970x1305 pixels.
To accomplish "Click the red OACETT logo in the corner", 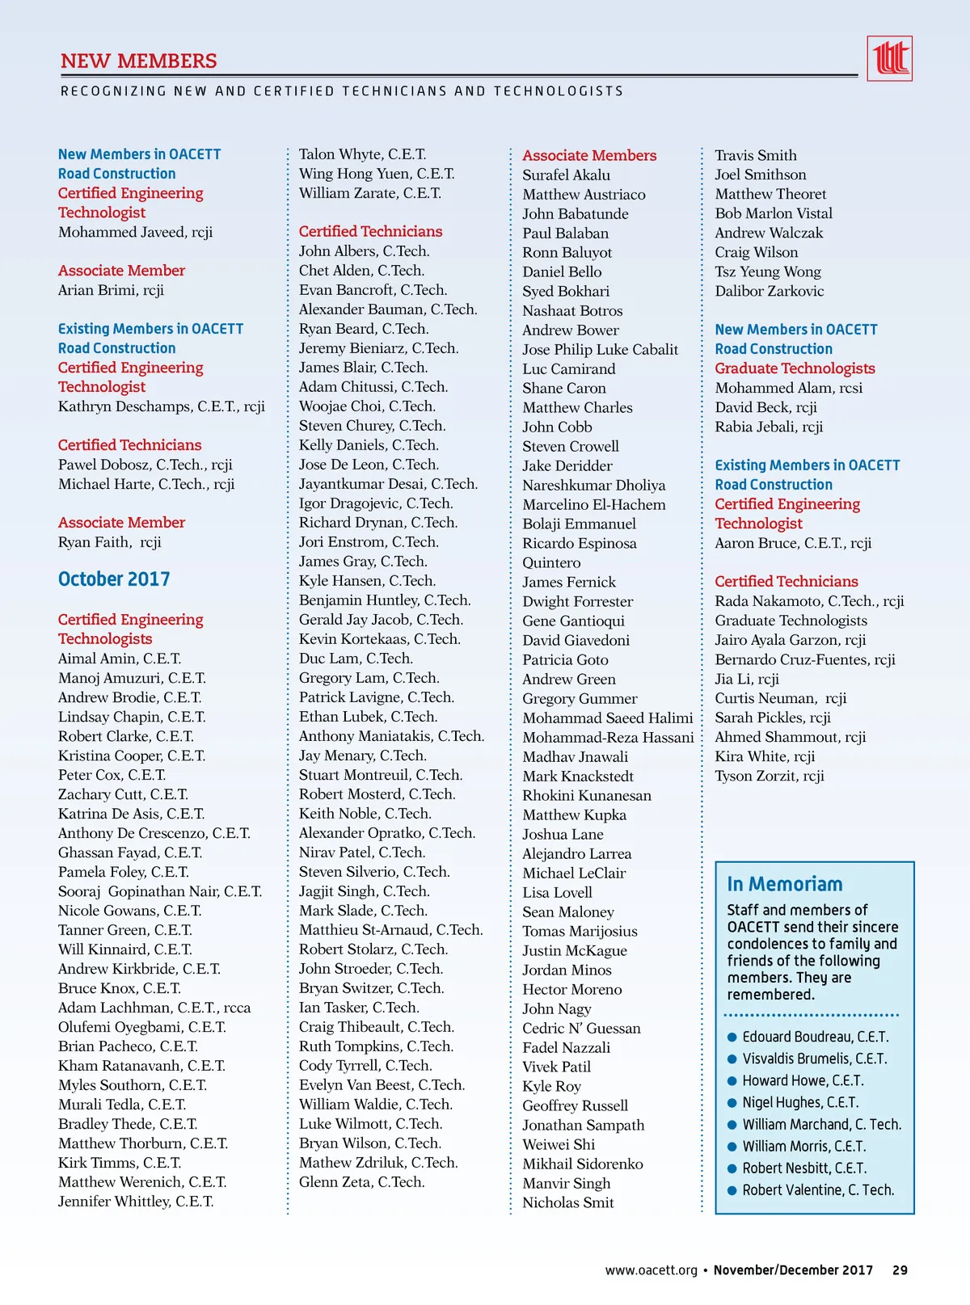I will pos(889,58).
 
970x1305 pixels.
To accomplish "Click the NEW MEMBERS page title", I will pos(139,61).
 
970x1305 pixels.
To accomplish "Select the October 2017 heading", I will pos(114,579).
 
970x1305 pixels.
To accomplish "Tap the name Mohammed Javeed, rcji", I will pos(135,233).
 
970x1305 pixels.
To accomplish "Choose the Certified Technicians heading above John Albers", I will pos(370,232).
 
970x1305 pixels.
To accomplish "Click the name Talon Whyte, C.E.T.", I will pos(362,154).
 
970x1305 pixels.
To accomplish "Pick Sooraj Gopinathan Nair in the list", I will pos(160,891).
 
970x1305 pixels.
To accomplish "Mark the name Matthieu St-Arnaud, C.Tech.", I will pos(390,930).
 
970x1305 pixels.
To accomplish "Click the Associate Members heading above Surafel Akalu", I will pos(589,155).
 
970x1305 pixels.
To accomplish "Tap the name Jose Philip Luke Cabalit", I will pos(600,349).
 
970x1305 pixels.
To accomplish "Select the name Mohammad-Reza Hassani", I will pos(608,737).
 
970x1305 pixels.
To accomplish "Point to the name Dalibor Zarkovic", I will pos(769,291).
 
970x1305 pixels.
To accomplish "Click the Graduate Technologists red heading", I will pos(795,368).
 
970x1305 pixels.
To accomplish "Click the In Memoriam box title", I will pos(784,884).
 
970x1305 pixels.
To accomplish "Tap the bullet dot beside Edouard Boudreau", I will pos(732,1037).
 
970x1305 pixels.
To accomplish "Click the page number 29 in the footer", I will pos(900,1270).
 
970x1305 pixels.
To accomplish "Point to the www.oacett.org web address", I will pos(651,1270).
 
